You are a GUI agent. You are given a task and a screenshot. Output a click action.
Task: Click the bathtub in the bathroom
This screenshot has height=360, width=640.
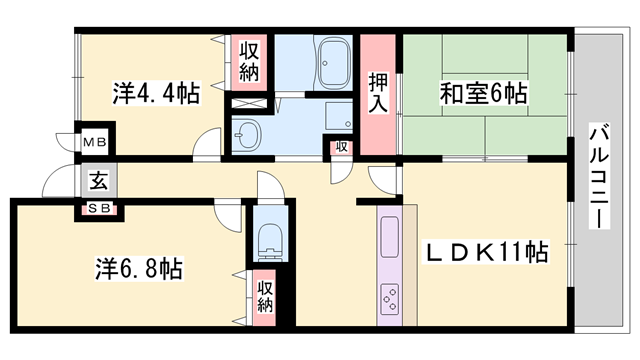tap(330, 62)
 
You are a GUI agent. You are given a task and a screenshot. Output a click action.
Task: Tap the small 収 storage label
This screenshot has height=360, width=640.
tap(341, 147)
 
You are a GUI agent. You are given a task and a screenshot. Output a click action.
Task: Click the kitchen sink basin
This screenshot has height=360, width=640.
tap(389, 238)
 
